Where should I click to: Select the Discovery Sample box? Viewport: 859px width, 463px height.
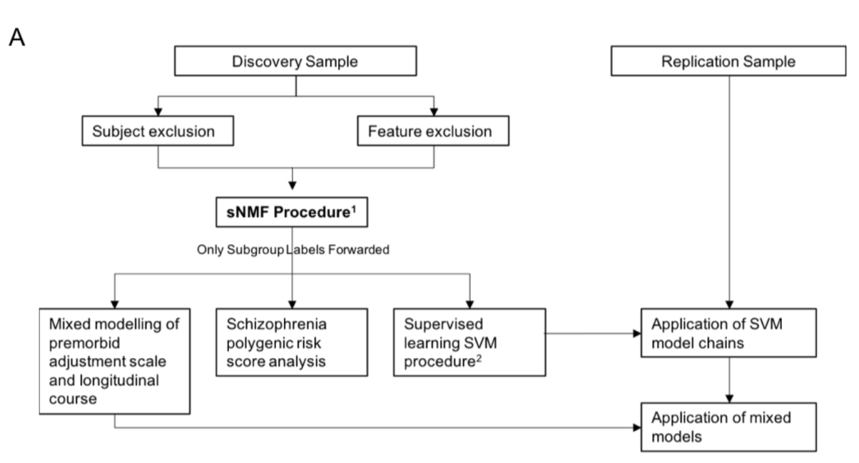click(295, 61)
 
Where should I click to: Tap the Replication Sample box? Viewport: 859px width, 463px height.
click(729, 61)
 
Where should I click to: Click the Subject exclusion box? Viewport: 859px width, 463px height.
click(157, 130)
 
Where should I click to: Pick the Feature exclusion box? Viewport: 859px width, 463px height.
click(434, 130)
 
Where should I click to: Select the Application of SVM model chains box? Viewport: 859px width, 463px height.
click(729, 334)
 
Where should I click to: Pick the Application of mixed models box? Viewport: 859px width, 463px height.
click(729, 426)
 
